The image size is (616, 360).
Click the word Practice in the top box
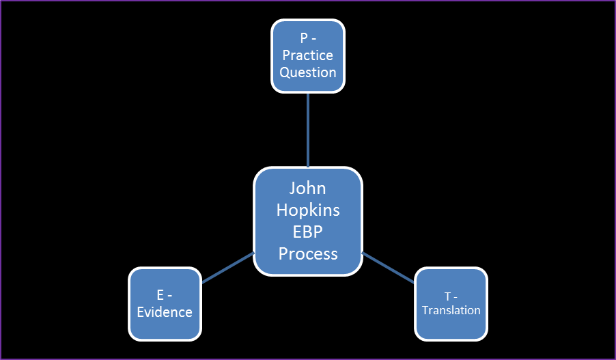pyautogui.click(x=308, y=55)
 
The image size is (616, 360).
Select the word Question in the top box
pyautogui.click(x=308, y=72)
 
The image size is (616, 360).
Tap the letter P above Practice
pyautogui.click(x=303, y=39)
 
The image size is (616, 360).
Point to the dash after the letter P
pyautogui.click(x=313, y=40)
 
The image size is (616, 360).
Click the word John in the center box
pyautogui.click(x=307, y=188)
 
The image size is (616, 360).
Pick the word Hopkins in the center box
pyautogui.click(x=307, y=210)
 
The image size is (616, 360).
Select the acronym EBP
pyautogui.click(x=307, y=232)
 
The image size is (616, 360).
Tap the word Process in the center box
pyautogui.click(x=307, y=253)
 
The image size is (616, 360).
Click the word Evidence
pyautogui.click(x=165, y=312)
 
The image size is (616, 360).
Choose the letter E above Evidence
pyautogui.click(x=160, y=296)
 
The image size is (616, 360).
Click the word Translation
pyautogui.click(x=451, y=310)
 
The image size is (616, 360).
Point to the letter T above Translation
pyautogui.click(x=447, y=296)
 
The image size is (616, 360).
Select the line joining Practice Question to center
pyautogui.click(x=308, y=130)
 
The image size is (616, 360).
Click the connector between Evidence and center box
pyautogui.click(x=227, y=267)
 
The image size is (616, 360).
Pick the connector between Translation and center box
pyautogui.click(x=388, y=267)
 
